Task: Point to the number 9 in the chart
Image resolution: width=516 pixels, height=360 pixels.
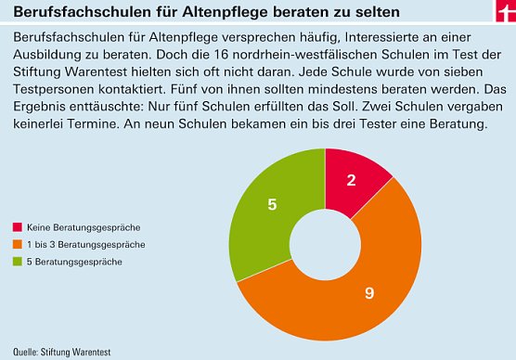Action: click(368, 294)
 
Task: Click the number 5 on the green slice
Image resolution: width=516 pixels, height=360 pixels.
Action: click(272, 204)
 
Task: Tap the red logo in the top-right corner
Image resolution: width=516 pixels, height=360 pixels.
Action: click(504, 9)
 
